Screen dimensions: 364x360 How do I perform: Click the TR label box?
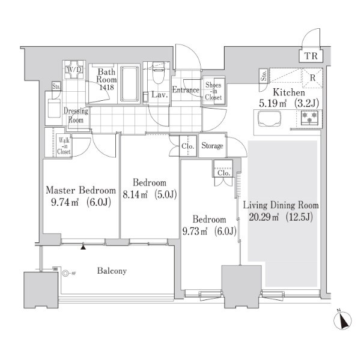[x=311, y=56]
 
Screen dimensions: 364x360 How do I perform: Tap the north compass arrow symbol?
[x=342, y=320]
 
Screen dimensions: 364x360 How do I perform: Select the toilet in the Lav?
[x=159, y=73]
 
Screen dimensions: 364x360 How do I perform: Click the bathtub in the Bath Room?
[x=129, y=84]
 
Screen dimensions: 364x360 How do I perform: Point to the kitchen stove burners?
[x=309, y=118]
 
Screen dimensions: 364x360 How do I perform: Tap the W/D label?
[x=74, y=70]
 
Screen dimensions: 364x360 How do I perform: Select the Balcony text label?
[x=112, y=271]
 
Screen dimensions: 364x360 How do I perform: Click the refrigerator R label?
[x=312, y=78]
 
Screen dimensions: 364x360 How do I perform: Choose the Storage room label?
[x=212, y=146]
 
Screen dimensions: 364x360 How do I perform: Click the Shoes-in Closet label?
[x=213, y=91]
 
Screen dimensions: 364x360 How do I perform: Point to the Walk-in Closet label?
[x=64, y=146]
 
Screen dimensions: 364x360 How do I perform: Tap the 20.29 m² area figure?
[x=264, y=217]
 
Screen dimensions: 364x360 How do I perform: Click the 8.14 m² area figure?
[x=135, y=194]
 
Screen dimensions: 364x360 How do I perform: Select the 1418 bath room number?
[x=106, y=87]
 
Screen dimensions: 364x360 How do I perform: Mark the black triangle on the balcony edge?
[x=83, y=247]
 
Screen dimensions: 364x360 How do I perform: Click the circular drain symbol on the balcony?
[x=65, y=274]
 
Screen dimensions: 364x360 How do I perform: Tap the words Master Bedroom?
[x=80, y=190]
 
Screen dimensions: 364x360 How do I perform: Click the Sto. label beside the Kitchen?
[x=264, y=76]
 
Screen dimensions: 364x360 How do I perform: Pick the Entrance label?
[x=186, y=90]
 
